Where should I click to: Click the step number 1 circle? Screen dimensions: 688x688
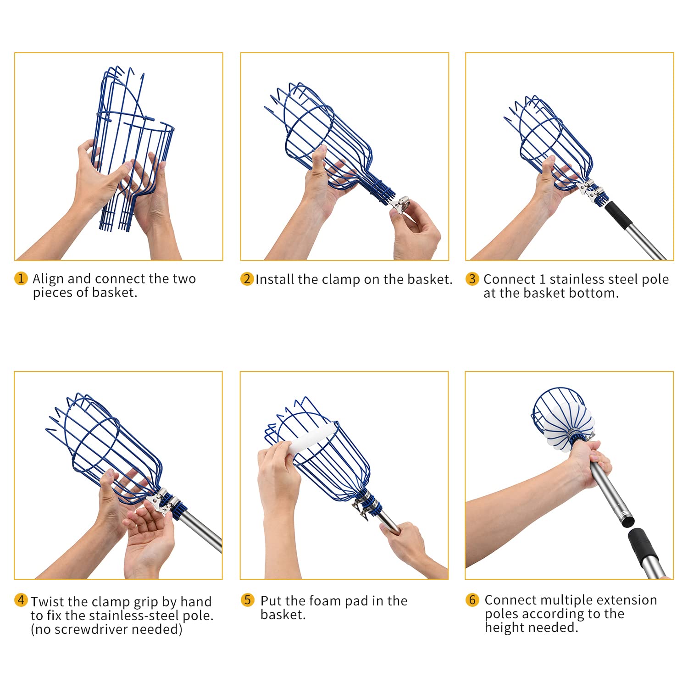[21, 278]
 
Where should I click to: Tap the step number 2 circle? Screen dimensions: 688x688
[247, 279]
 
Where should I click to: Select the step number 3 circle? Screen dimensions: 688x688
[472, 279]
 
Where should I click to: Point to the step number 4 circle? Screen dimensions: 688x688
[21, 600]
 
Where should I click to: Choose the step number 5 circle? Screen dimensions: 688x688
[247, 600]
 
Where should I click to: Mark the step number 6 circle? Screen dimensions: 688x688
[472, 600]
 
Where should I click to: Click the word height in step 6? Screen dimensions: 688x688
[505, 628]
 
